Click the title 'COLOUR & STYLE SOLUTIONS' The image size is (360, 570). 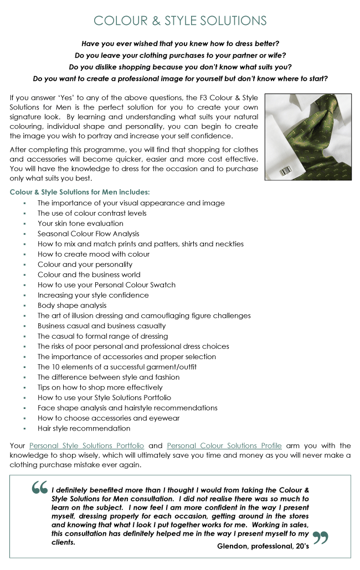tap(180, 21)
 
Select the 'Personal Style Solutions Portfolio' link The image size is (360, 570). tap(86, 445)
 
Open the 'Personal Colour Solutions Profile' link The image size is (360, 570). tap(224, 445)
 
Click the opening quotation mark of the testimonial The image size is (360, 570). tap(39, 488)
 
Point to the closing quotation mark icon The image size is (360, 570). tap(321, 538)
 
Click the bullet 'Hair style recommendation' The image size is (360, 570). tap(84, 428)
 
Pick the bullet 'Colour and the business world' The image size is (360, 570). tap(89, 274)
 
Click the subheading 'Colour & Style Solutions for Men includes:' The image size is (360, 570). tap(80, 193)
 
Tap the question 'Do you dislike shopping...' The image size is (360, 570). tap(180, 67)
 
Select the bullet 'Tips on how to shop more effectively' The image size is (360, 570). tap(100, 387)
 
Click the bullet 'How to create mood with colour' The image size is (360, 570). tap(94, 254)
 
